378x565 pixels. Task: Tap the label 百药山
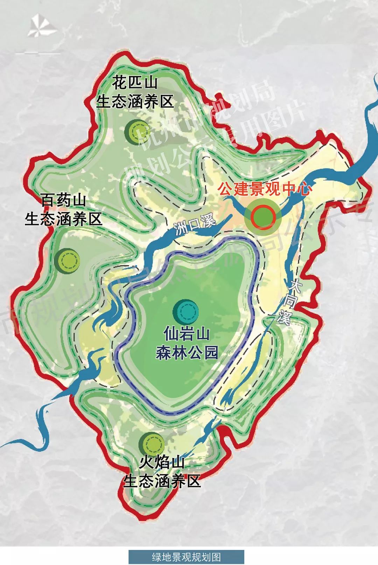(x=63, y=201)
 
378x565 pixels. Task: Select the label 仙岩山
(x=187, y=334)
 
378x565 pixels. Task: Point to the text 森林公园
(x=187, y=352)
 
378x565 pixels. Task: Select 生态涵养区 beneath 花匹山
(x=135, y=102)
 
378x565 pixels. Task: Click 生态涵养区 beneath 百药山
(x=63, y=219)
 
